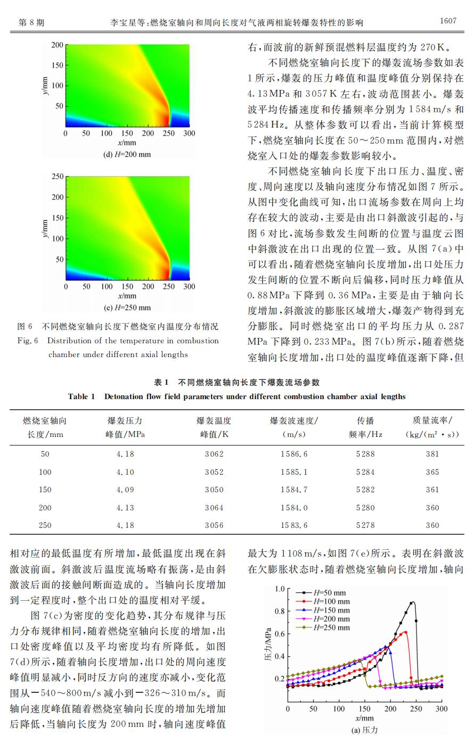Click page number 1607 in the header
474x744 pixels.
pos(448,21)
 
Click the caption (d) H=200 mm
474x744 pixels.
pos(127,155)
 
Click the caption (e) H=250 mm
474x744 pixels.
pos(127,308)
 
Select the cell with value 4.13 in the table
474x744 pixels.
pos(125,508)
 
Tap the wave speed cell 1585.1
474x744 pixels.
pos(294,472)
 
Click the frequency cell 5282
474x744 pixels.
pos(365,490)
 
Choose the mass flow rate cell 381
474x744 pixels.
pos(432,454)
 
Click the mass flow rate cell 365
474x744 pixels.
pos(432,472)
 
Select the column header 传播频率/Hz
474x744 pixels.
pos(365,427)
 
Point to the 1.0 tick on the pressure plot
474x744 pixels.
pos(279,589)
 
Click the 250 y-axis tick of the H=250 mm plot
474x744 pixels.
pos(58,176)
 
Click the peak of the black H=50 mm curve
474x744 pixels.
pos(412,602)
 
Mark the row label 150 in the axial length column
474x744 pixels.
pos(45,490)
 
